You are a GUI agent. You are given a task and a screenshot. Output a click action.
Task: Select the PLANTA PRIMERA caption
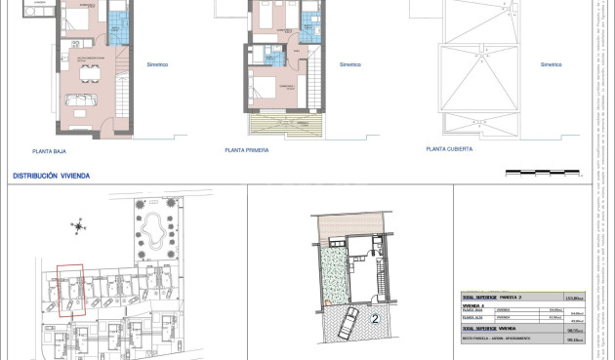coord(246,150)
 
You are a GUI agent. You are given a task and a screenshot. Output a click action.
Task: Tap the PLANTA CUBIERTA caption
coord(449,149)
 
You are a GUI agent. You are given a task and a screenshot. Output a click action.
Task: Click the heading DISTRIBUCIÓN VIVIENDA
coord(51,176)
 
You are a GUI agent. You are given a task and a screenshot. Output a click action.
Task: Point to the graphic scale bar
coord(529,173)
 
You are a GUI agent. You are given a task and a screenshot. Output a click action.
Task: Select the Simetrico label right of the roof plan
coord(551,65)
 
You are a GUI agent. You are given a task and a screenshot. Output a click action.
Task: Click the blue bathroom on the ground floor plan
coord(116,27)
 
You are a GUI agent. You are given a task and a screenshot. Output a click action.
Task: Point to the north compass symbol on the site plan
coord(78,228)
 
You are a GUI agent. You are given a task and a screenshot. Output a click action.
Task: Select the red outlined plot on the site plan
coord(70,290)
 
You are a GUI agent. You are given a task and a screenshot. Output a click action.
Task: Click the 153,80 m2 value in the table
coord(574,297)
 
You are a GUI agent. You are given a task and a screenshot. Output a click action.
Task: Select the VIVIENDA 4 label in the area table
coord(473,305)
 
